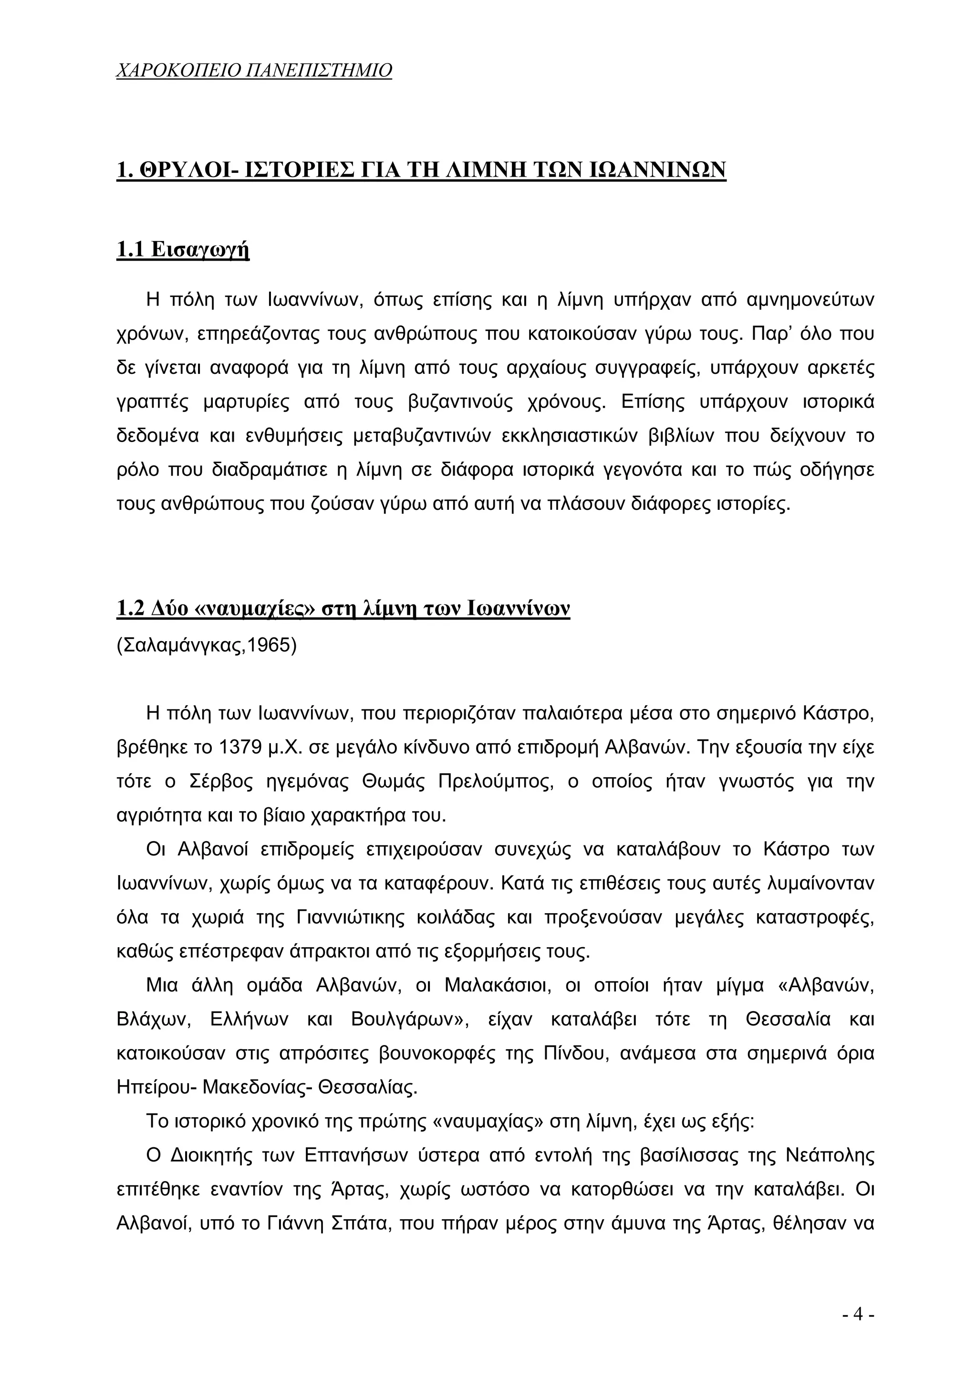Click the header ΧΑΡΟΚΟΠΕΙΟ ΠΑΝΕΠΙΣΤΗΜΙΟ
pyautogui.click(x=253, y=71)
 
